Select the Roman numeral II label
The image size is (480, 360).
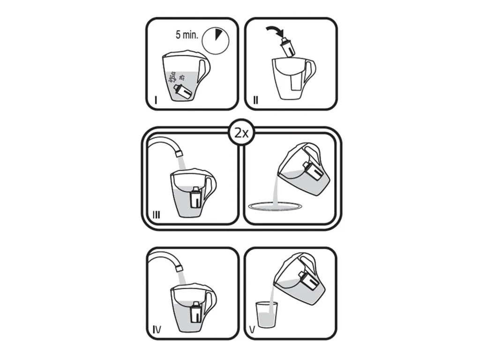(x=255, y=100)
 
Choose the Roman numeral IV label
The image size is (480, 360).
(x=157, y=330)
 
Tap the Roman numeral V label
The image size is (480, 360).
(x=253, y=330)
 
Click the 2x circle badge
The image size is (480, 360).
(x=241, y=133)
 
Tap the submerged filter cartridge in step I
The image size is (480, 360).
(x=183, y=91)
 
